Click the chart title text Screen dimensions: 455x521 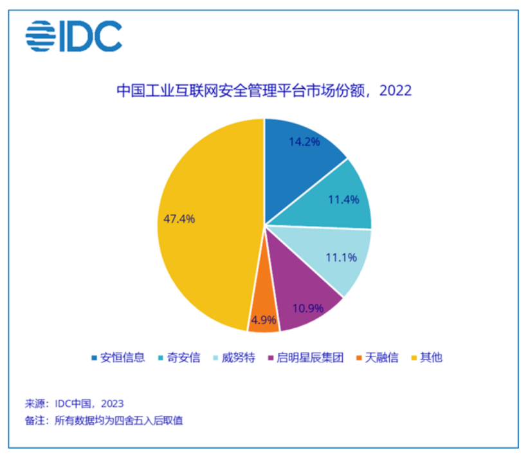pyautogui.click(x=264, y=90)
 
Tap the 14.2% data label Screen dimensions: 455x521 pyautogui.click(x=304, y=142)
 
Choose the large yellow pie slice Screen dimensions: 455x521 pyautogui.click(x=199, y=245)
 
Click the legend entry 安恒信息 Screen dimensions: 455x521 pyautogui.click(x=118, y=357)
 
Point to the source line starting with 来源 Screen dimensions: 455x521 pyautogui.click(x=74, y=404)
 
